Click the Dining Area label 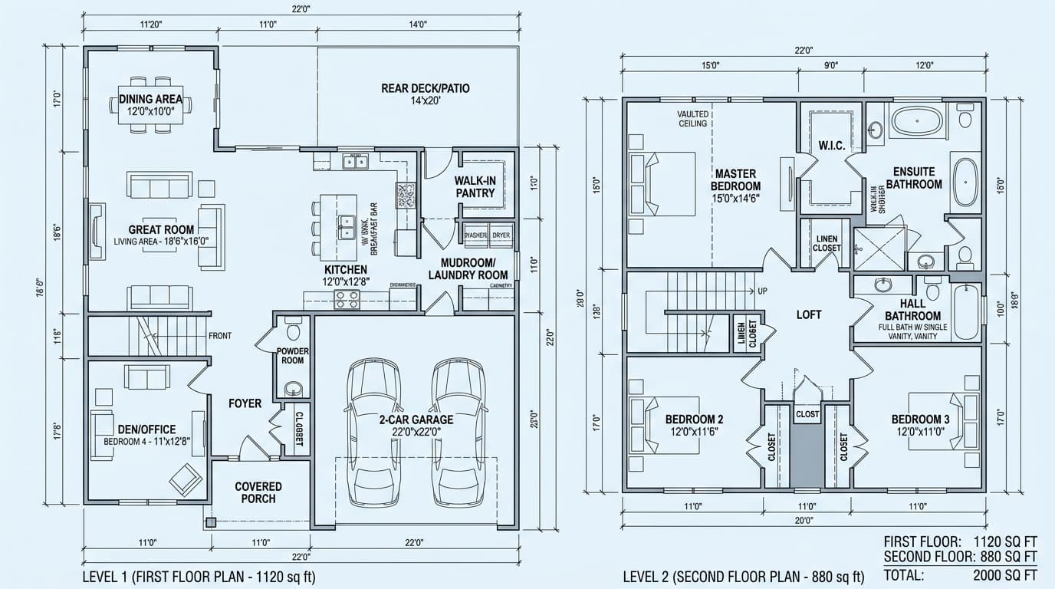150,99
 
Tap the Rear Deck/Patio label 425,88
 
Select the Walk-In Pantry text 475,186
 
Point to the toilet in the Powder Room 292,330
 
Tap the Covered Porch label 258,492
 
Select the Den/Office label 146,429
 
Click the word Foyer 245,403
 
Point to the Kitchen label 346,270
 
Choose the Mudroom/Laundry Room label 468,268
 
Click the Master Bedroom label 735,180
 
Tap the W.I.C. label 830,145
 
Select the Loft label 809,314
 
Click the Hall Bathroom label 912,310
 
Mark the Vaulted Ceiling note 693,119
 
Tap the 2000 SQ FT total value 1004,574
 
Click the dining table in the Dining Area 150,104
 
